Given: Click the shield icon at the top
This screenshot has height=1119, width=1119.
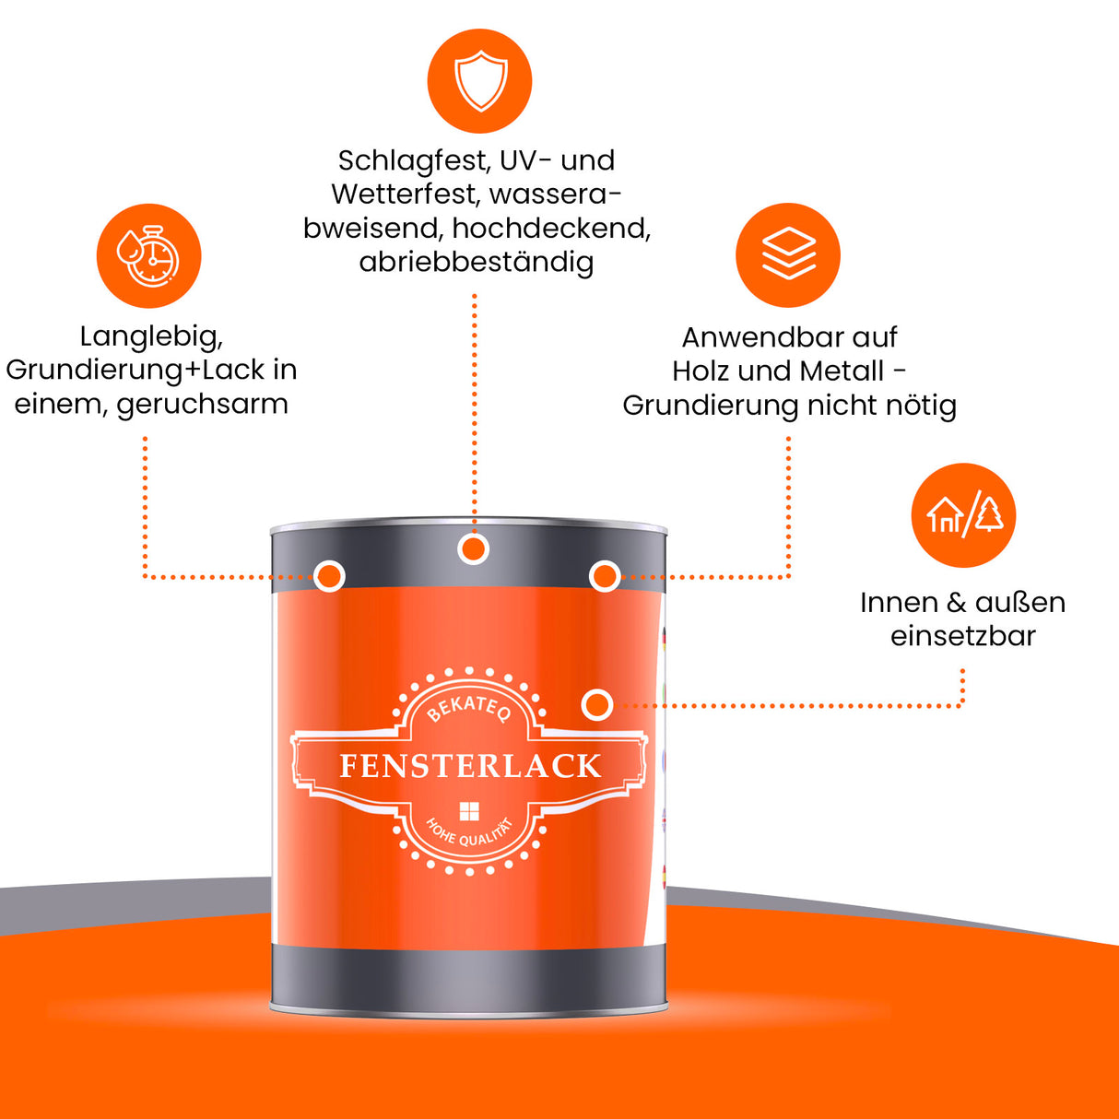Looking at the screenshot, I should [x=479, y=81].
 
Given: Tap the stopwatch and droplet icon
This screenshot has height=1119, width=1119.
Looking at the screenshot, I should [x=148, y=256].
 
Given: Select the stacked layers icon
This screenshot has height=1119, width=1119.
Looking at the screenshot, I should [x=788, y=255].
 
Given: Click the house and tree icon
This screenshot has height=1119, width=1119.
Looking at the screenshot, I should [x=963, y=515].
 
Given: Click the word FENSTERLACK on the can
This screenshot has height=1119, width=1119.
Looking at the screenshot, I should [x=470, y=766].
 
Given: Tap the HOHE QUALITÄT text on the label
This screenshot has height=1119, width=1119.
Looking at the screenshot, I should [x=469, y=831].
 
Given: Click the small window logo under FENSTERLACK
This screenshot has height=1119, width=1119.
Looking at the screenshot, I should [x=469, y=811].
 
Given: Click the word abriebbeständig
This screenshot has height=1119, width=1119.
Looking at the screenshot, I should [x=476, y=263].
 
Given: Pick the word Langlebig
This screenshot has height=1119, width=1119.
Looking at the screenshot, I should [x=151, y=336].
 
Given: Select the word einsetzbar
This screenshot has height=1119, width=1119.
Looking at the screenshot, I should [x=962, y=636].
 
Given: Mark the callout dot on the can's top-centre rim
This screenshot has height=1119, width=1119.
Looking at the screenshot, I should [x=473, y=550].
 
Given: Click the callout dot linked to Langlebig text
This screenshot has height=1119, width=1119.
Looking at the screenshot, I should [x=329, y=577].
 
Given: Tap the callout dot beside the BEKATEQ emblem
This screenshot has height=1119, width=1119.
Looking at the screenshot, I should [x=597, y=705].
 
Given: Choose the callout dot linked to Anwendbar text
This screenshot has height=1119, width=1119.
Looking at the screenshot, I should [x=604, y=577].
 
